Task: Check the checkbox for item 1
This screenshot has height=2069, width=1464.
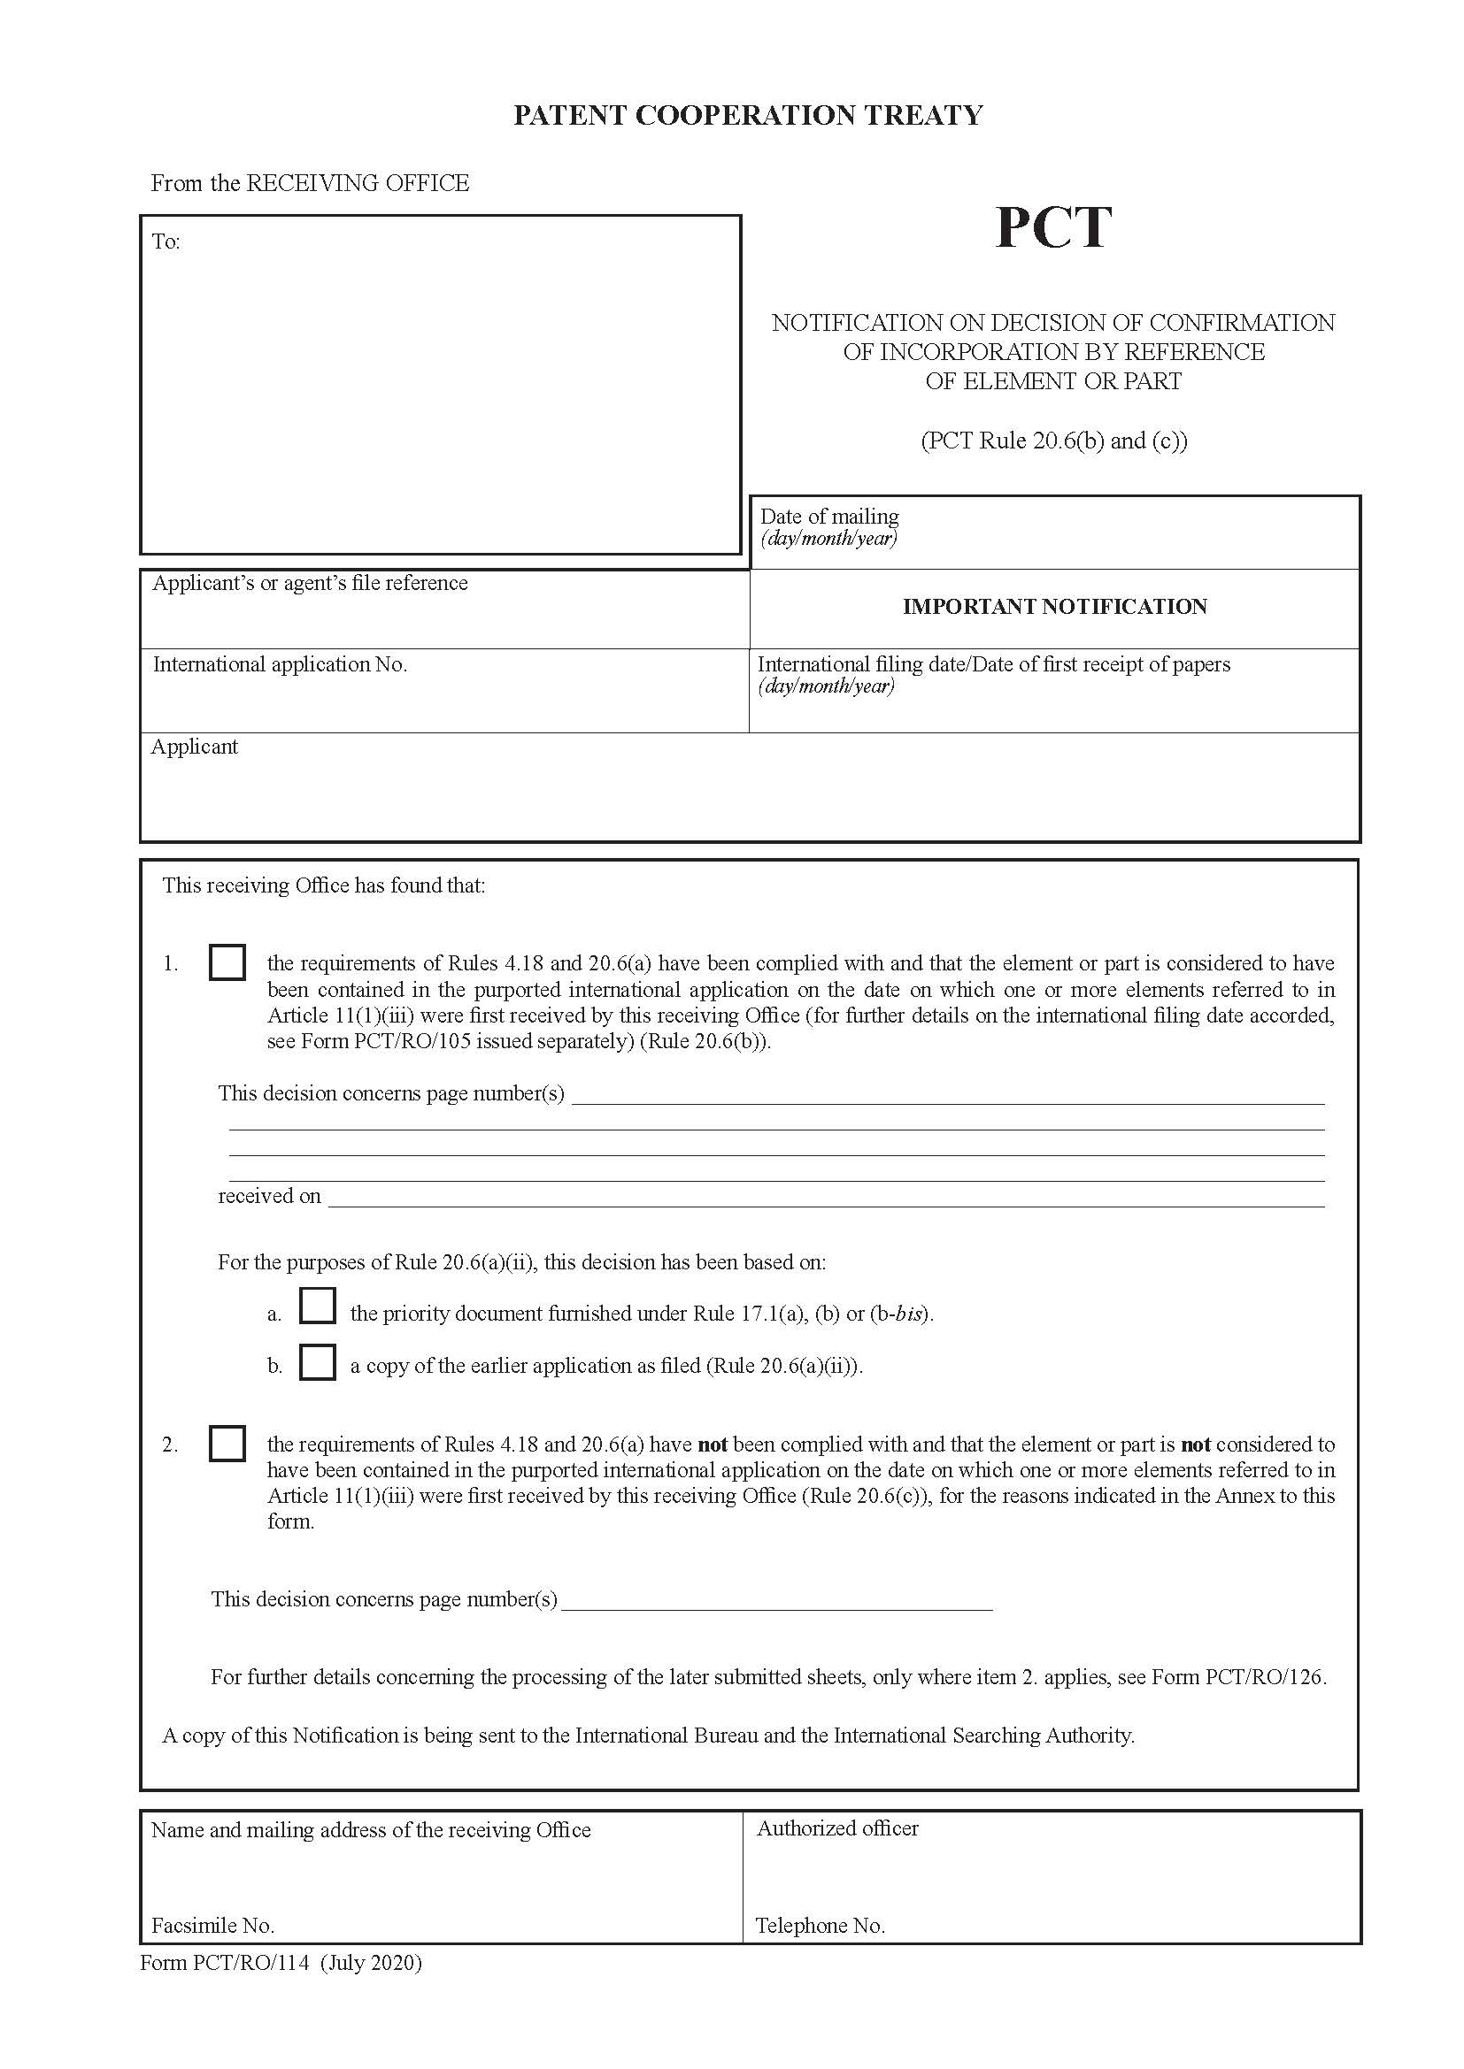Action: click(227, 962)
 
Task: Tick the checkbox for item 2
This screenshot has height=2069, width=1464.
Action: click(227, 1443)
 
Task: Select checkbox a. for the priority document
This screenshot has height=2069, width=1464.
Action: click(318, 1306)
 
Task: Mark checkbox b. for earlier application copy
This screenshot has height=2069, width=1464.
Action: click(318, 1361)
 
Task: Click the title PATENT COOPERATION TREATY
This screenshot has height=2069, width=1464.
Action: click(747, 115)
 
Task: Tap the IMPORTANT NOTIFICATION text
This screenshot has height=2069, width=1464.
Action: click(1054, 607)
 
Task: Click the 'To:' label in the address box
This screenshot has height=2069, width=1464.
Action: click(166, 241)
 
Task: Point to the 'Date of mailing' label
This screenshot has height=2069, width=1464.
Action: click(829, 517)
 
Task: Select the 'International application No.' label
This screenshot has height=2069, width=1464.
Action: click(280, 665)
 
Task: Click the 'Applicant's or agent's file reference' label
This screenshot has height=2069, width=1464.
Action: click(310, 583)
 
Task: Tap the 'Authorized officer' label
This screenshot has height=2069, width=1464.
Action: click(837, 1828)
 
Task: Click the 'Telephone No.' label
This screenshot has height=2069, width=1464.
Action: click(821, 1926)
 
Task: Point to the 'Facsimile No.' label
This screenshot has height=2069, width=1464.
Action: click(212, 1926)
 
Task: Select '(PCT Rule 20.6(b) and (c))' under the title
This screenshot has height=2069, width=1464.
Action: click(1053, 441)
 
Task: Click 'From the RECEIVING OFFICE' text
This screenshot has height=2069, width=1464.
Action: click(310, 183)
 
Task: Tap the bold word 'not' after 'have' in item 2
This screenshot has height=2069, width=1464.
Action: click(713, 1444)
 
